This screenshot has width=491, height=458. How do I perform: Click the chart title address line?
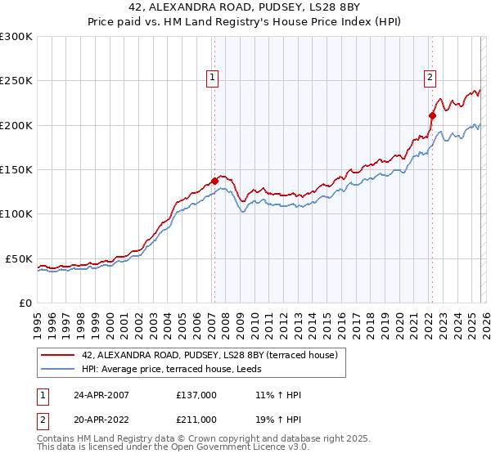[x=245, y=7]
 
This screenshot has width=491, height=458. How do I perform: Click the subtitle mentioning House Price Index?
[x=245, y=22]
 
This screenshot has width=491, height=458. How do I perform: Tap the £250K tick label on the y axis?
[x=16, y=81]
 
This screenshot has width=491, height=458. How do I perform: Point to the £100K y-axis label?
[x=16, y=214]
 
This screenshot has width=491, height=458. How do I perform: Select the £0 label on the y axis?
[x=26, y=303]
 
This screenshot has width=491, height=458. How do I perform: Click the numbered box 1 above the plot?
[x=213, y=78]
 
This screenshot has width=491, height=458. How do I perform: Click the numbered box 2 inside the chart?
[x=430, y=78]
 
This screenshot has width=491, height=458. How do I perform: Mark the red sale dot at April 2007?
[x=214, y=181]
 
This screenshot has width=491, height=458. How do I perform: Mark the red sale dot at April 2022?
[x=431, y=116]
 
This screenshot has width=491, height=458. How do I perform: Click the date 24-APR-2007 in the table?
[x=101, y=395]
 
